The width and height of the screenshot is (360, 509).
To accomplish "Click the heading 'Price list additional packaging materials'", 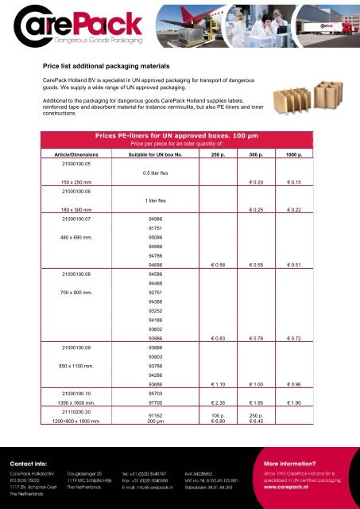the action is (x=122, y=68).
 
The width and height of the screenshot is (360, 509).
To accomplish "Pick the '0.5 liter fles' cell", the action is (x=160, y=172).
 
